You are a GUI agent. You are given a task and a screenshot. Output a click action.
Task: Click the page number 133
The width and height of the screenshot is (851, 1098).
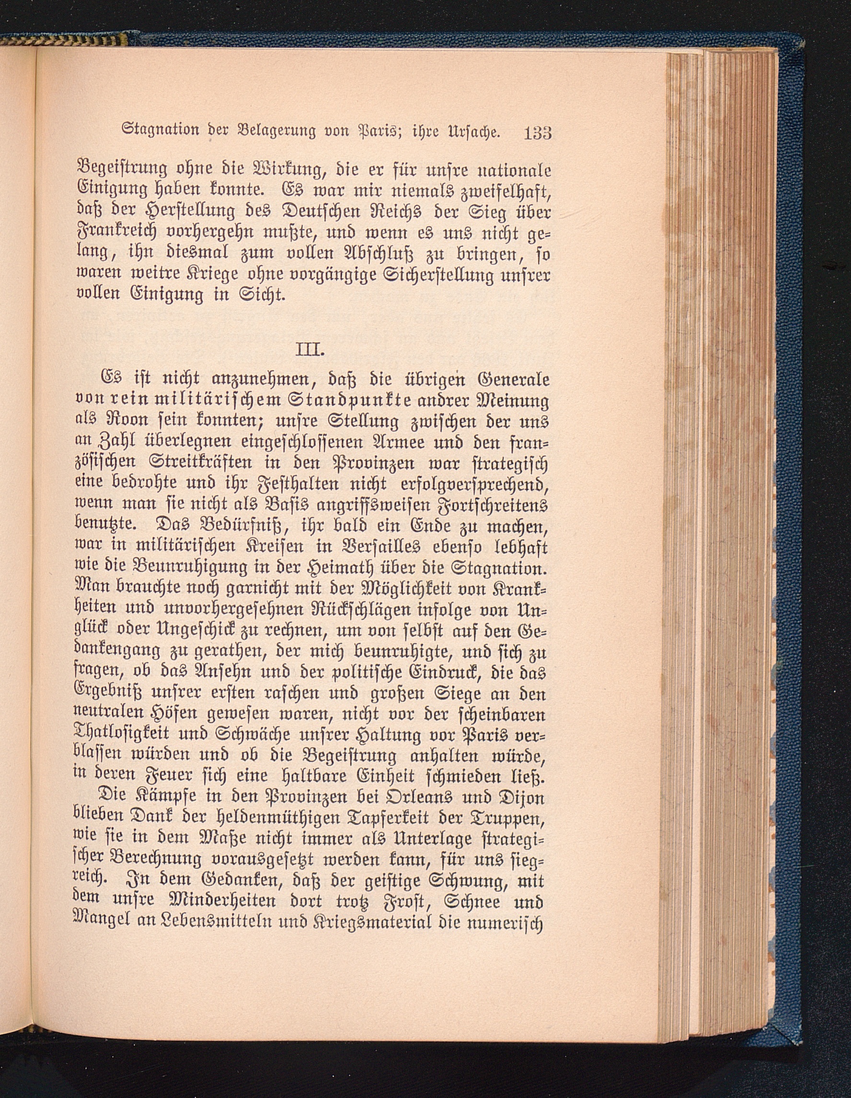(538, 134)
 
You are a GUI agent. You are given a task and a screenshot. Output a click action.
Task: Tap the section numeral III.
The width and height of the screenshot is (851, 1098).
(308, 348)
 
